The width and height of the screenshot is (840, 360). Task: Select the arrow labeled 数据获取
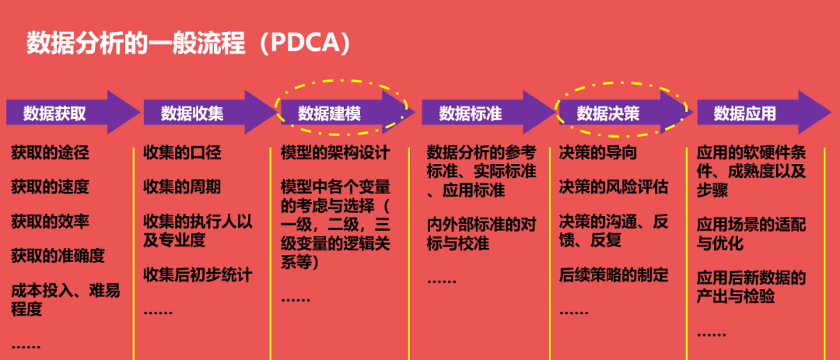coord(54,114)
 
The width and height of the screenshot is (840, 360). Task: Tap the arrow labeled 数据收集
coord(192,114)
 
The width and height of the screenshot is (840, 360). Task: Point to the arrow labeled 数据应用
coord(745,114)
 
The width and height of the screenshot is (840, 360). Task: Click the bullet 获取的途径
coord(50,152)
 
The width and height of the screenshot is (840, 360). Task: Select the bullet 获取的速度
coord(50,187)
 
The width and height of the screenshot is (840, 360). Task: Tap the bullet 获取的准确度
coord(58,255)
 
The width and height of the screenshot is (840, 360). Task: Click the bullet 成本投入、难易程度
coord(65,299)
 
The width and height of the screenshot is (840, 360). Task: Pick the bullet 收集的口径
coord(182,152)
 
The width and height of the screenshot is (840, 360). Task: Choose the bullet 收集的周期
coord(182,187)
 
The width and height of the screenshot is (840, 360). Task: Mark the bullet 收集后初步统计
coord(198,274)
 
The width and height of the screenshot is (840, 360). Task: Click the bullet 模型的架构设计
coord(334,152)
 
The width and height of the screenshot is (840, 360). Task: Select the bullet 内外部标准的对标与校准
coord(481,234)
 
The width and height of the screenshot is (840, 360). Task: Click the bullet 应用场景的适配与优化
coord(751,234)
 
